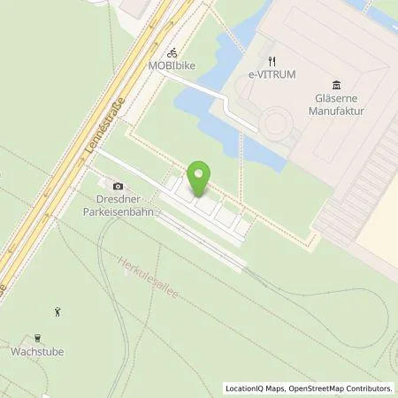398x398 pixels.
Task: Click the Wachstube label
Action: tap(38, 351)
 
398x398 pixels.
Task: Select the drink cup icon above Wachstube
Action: tap(38, 337)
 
